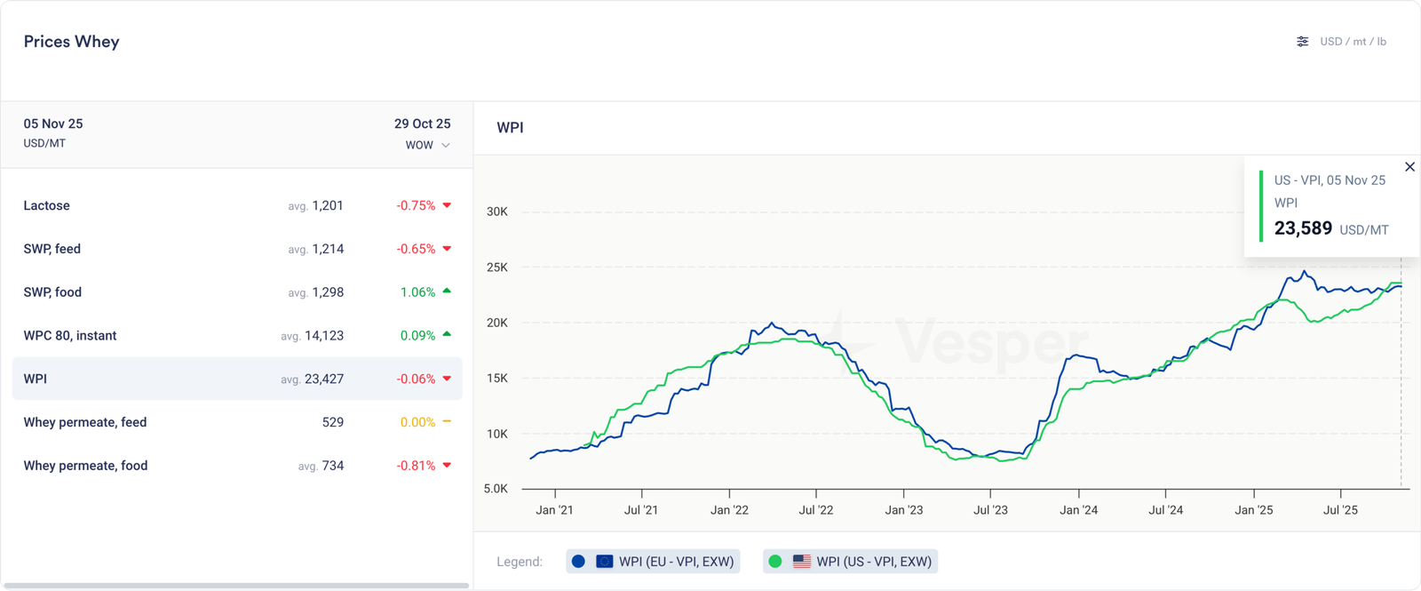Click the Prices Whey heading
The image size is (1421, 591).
point(71,42)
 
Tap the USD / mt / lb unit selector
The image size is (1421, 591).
point(1343,42)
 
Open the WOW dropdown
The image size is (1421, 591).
point(427,145)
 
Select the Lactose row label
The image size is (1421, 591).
point(46,205)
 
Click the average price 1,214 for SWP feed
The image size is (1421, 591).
point(327,249)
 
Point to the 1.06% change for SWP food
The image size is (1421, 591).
point(417,292)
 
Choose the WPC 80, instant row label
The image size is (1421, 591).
point(70,336)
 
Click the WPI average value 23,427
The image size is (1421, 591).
point(323,379)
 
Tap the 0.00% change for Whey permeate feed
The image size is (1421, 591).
point(417,422)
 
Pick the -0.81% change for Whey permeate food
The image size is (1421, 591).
point(416,466)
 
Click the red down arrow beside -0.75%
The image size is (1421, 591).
point(447,205)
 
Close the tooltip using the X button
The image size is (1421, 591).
point(1409,167)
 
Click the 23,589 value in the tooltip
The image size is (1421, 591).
point(1303,228)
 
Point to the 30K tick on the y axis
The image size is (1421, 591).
point(497,212)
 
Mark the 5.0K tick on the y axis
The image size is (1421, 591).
point(496,489)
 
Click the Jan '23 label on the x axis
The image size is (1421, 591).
point(903,510)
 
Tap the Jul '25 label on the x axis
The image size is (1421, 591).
point(1340,510)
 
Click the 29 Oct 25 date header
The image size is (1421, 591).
point(422,124)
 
